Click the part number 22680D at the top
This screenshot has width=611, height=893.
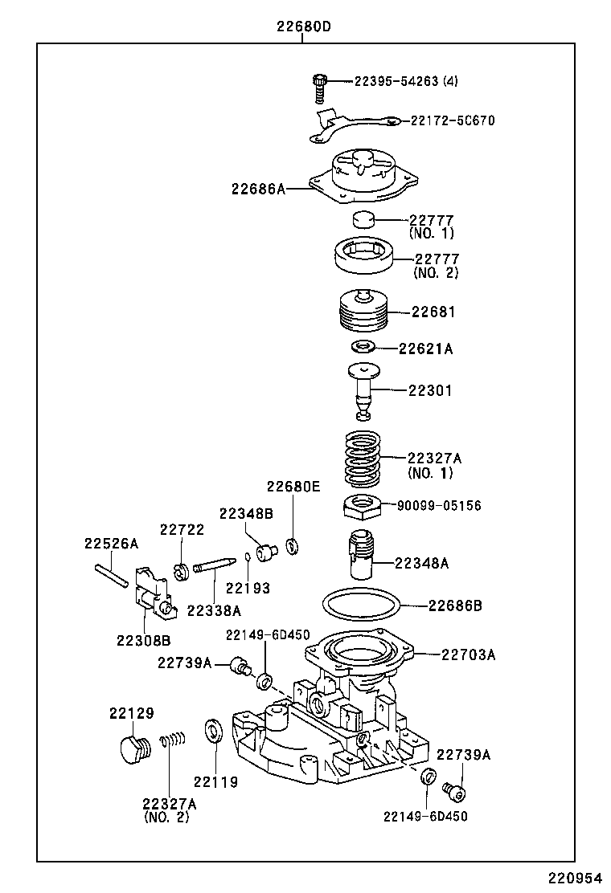pyautogui.click(x=304, y=27)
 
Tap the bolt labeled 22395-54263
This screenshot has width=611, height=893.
pyautogui.click(x=320, y=87)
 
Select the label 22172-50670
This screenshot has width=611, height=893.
pyautogui.click(x=453, y=120)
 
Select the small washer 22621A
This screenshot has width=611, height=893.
pyautogui.click(x=363, y=347)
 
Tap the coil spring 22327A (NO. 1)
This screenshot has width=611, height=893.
pyautogui.click(x=363, y=459)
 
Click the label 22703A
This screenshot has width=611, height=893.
pyautogui.click(x=468, y=654)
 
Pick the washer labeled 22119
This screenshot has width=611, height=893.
pyautogui.click(x=215, y=732)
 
